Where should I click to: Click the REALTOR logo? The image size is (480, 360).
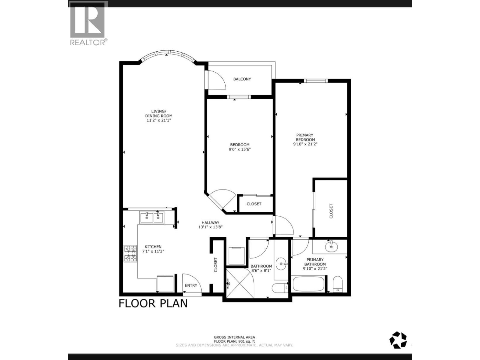pos(88,23)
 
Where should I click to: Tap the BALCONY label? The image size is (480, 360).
pos(242,79)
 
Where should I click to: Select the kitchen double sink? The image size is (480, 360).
pos(151,217)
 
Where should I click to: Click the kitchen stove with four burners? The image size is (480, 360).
pos(130,254)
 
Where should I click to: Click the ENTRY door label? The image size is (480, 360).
pos(191,285)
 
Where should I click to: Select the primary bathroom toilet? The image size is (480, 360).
pos(337,284)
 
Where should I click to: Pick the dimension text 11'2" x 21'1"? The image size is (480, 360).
pos(159,120)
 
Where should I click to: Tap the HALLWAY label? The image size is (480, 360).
pos(210,223)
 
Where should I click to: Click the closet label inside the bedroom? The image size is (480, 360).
pos(254,204)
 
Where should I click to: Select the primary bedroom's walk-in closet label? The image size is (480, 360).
pos(331,211)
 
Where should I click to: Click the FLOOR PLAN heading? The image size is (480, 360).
pos(153,303)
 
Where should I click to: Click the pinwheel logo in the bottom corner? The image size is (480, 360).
pos(398,340)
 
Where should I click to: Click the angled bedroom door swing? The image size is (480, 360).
pos(223,199)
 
